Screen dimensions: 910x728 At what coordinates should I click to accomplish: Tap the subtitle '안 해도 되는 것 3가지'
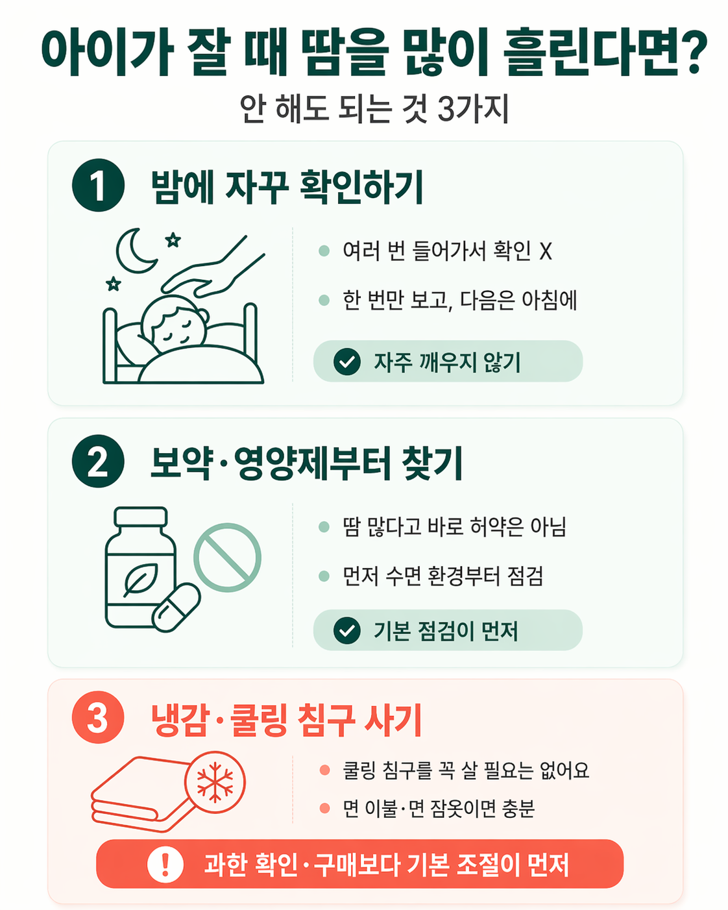point(374,109)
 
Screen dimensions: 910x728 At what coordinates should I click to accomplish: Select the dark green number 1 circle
point(98,185)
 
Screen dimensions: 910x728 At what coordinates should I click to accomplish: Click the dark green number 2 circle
point(98,461)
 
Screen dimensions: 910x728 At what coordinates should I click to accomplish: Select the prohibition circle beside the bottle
point(227,557)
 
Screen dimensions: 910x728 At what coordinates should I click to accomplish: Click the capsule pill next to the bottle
point(176,608)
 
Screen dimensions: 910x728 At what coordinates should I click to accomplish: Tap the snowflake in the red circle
point(215,782)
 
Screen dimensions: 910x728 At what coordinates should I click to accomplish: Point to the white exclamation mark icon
point(165,864)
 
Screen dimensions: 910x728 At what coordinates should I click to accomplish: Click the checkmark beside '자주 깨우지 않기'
point(347,362)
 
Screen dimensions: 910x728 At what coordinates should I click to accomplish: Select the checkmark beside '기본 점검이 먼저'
point(347,630)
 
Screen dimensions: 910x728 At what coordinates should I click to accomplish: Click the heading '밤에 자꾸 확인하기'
point(287,187)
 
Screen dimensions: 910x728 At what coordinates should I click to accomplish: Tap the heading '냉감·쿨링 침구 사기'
point(286,720)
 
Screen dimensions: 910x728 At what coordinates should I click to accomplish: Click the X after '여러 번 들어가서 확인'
point(545,251)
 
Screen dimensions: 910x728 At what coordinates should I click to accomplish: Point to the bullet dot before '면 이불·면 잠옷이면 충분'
point(324,808)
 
